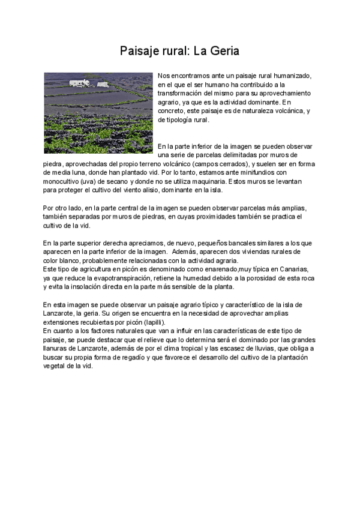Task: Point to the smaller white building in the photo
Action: tap(103, 85)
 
